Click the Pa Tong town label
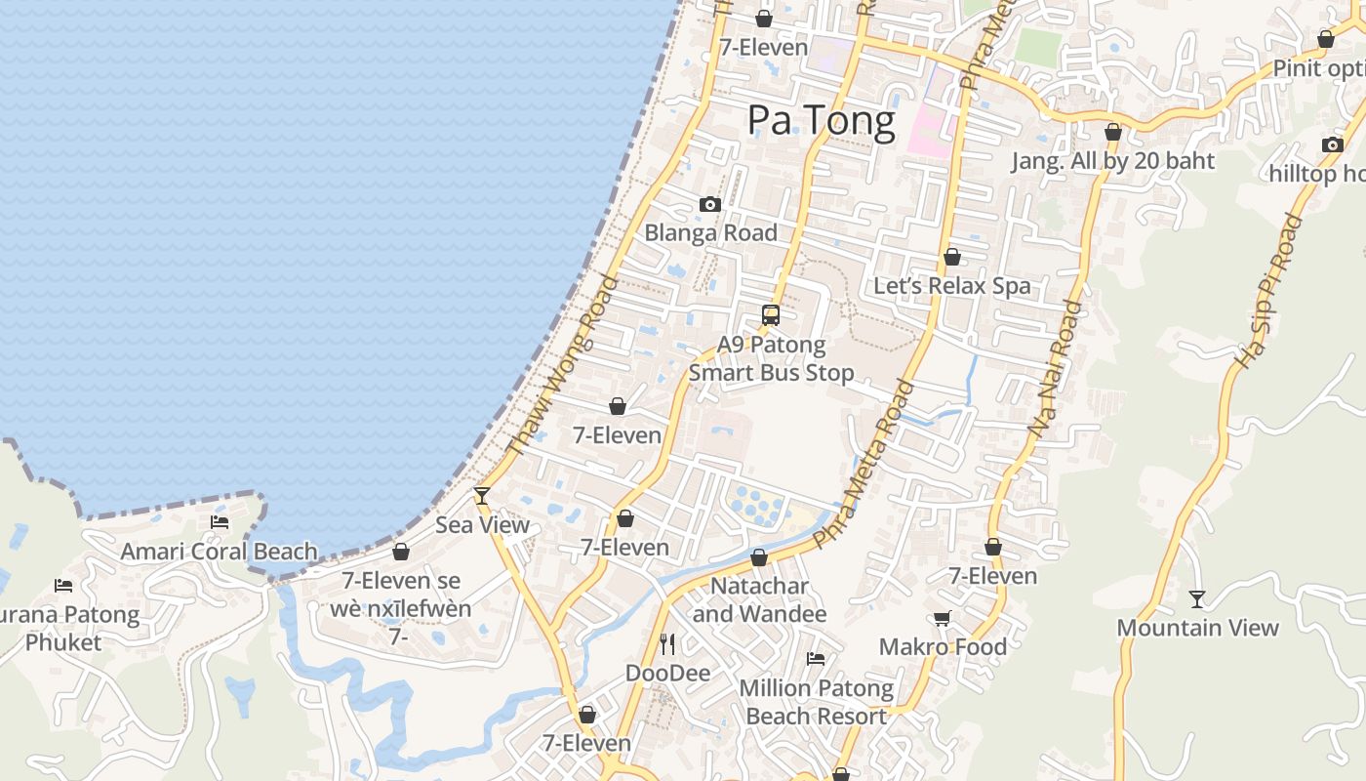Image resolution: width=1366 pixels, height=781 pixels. coord(821,120)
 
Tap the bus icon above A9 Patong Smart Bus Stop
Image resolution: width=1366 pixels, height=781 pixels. coord(771,315)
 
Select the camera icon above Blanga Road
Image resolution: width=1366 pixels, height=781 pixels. coord(710,205)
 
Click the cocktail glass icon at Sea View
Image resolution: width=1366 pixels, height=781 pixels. coord(481,496)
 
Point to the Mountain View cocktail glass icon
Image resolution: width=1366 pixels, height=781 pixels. coord(1197,598)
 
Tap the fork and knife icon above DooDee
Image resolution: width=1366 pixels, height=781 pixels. coord(667,644)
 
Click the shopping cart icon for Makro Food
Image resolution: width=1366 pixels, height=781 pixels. coord(943,618)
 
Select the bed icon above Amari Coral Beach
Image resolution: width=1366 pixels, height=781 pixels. coord(220,522)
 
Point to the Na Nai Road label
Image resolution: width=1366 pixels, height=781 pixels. coord(1056,368)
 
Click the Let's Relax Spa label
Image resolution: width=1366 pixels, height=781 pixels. coord(951,286)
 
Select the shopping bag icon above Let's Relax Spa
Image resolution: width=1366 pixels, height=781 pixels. coord(952,258)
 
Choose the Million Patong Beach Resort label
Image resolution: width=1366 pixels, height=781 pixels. coord(816,702)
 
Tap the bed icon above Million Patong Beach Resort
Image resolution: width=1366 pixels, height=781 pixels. coord(816,659)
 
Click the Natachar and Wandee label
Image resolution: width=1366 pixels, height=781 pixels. coord(759,599)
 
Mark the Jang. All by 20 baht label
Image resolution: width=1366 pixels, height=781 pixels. coord(1112,161)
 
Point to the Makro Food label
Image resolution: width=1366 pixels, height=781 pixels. coord(943,646)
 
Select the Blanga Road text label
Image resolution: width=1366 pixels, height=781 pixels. coord(710,233)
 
